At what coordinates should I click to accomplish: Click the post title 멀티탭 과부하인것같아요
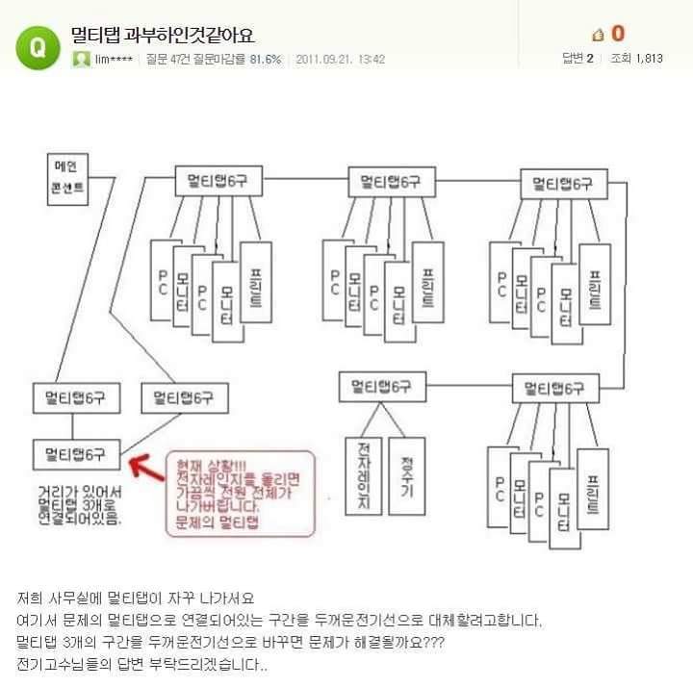point(163,36)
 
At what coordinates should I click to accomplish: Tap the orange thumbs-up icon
point(598,35)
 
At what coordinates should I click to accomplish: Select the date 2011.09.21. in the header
point(327,59)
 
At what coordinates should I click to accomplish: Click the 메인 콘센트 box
point(67,180)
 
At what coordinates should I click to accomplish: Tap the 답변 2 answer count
point(577,59)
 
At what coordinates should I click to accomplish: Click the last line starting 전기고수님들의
point(141,665)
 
